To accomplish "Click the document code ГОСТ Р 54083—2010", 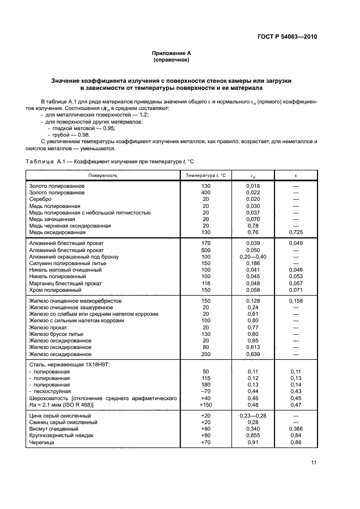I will pyautogui.click(x=287, y=37).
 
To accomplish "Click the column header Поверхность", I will pyautogui.click(x=103, y=175).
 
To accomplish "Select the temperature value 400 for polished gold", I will pyautogui.click(x=206, y=193).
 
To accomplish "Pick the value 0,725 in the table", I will pyautogui.click(x=296, y=232).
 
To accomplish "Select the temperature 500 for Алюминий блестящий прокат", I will pyautogui.click(x=206, y=249).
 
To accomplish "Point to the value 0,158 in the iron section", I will pyautogui.click(x=296, y=301).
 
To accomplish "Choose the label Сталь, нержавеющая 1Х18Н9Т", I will pyautogui.click(x=69, y=364).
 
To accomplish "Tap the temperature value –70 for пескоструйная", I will pyautogui.click(x=206, y=391).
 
